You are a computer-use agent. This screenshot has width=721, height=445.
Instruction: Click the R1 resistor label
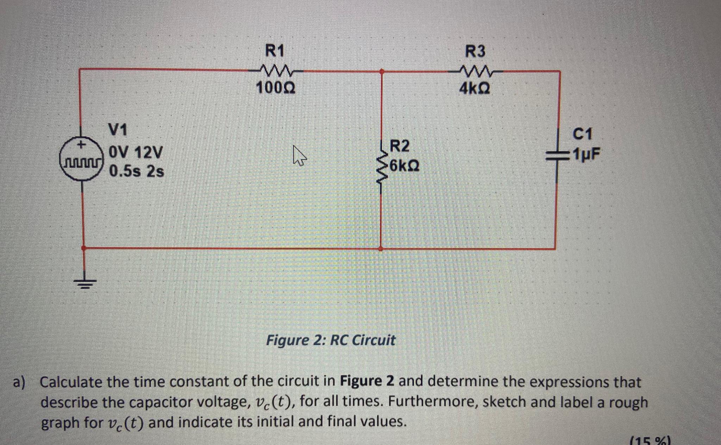click(x=274, y=51)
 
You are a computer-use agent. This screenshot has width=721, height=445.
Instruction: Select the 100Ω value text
click(x=276, y=88)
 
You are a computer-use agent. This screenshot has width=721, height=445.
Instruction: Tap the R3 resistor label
click(x=475, y=51)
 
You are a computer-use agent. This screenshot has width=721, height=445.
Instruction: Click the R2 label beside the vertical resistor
click(x=400, y=146)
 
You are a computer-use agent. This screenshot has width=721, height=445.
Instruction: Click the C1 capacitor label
click(x=583, y=134)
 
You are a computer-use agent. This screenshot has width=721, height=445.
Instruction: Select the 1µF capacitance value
click(x=586, y=154)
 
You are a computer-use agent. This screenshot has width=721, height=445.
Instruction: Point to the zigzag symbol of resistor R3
click(x=475, y=71)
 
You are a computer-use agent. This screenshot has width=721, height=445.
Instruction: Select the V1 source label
click(x=118, y=130)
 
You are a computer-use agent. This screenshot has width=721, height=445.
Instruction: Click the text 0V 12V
click(x=136, y=152)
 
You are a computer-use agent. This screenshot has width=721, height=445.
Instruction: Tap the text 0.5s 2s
click(x=137, y=172)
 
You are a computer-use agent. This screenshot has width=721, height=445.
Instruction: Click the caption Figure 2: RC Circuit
click(x=330, y=340)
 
